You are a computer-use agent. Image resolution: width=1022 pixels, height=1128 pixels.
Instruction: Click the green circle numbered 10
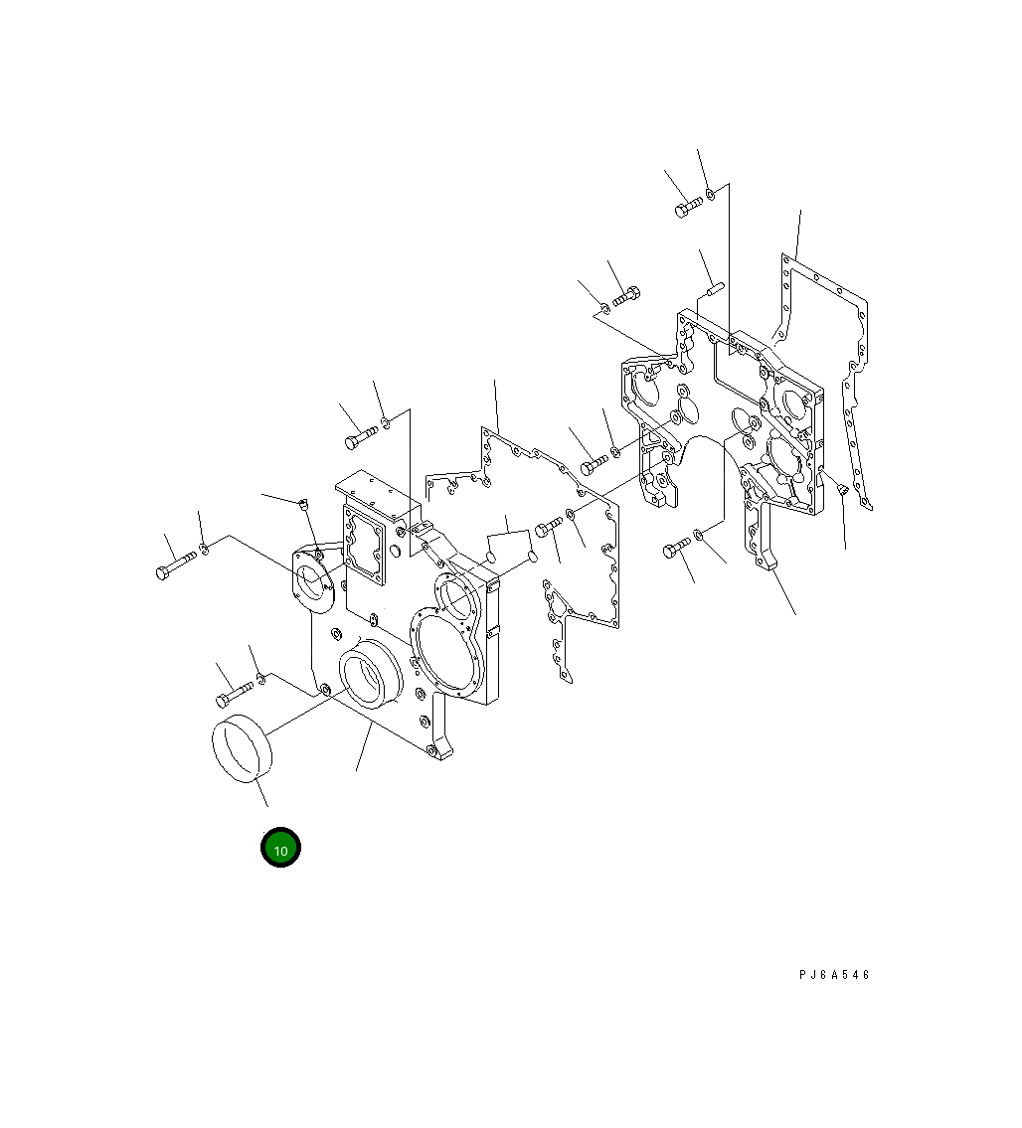[280, 848]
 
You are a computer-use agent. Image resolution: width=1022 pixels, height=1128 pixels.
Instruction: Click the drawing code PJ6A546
[834, 975]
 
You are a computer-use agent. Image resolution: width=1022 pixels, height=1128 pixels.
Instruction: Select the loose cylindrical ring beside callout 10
[242, 747]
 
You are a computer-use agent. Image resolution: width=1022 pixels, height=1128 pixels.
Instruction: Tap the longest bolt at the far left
[176, 564]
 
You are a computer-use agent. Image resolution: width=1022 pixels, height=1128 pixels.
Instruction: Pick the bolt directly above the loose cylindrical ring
[234, 694]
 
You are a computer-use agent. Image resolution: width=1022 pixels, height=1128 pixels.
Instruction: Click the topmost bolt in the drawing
[688, 207]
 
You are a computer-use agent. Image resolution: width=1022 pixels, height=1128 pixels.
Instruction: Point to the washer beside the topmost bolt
[711, 194]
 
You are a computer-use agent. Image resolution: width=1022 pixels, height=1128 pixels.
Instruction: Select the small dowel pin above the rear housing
[714, 289]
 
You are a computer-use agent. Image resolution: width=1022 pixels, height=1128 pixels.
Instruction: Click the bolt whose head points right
[626, 296]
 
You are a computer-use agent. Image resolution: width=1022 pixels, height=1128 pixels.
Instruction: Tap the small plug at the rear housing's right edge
[843, 489]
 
